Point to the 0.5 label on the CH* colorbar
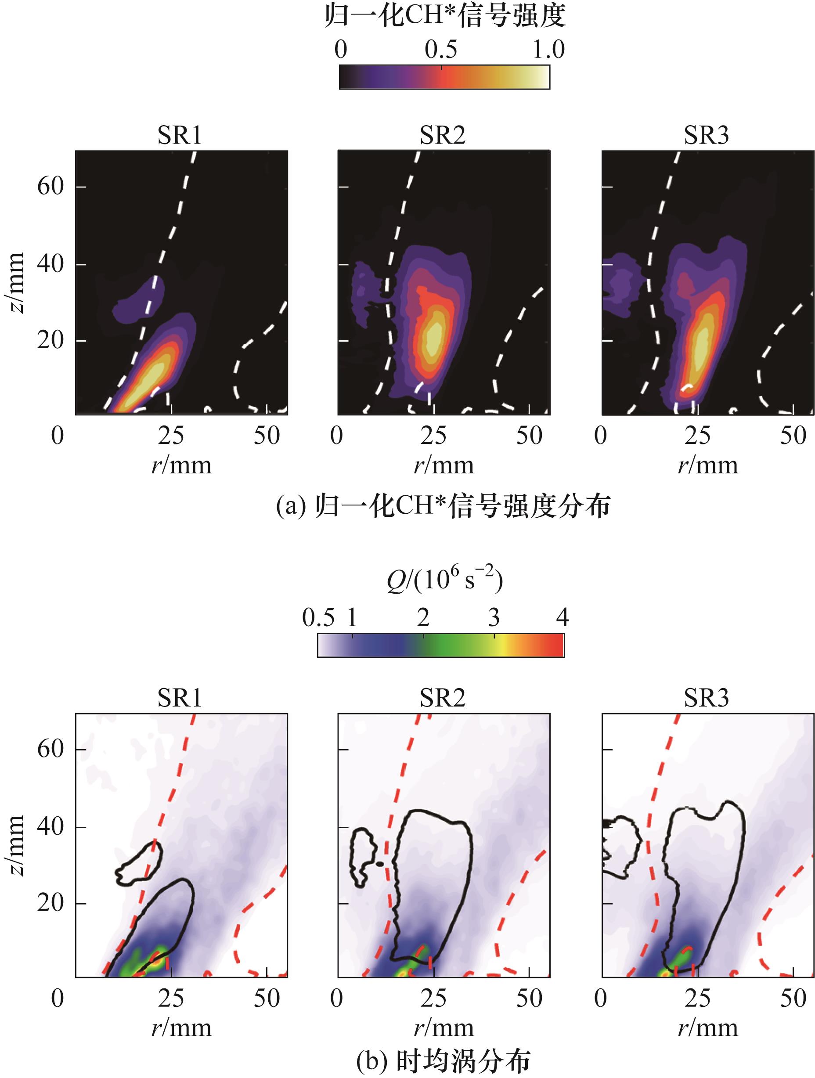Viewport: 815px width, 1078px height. (440, 49)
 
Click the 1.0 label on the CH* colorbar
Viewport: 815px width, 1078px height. (548, 49)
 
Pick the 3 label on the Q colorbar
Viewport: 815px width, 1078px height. (494, 617)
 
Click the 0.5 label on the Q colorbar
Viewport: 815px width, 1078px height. (318, 617)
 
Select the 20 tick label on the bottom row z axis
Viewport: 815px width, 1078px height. (50, 902)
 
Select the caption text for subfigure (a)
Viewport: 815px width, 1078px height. (443, 505)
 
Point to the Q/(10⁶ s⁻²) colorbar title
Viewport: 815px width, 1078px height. (444, 580)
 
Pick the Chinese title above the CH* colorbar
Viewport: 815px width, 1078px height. (444, 17)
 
